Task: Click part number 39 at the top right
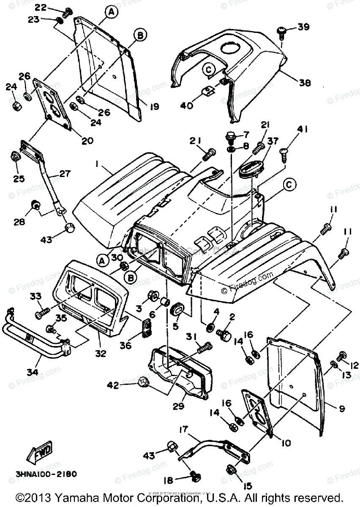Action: click(303, 27)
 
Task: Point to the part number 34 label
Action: click(32, 372)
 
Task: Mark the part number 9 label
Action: click(341, 409)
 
